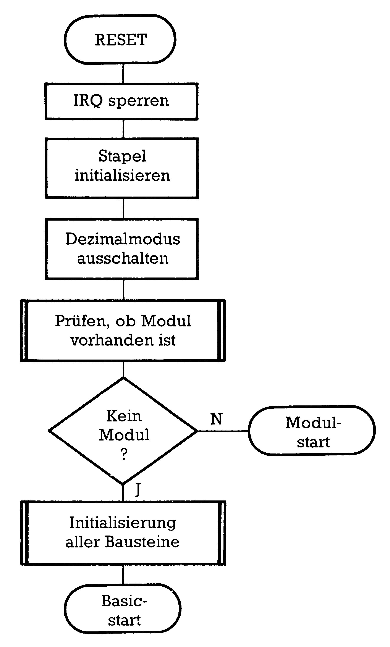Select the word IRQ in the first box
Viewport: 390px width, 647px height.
pyautogui.click(x=88, y=101)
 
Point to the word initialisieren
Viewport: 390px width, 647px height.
pyautogui.click(x=122, y=175)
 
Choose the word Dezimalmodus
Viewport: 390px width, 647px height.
pyautogui.click(x=123, y=239)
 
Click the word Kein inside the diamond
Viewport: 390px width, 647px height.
pyautogui.click(x=124, y=416)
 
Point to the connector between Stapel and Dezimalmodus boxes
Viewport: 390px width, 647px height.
pyautogui.click(x=123, y=208)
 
